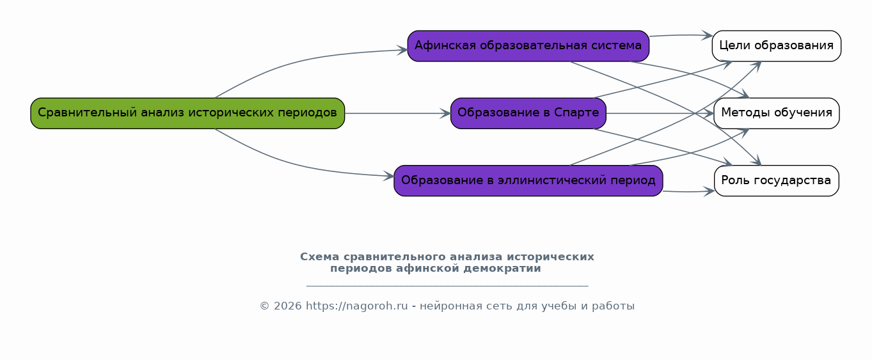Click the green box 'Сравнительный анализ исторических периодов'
[187, 113]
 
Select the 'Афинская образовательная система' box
[528, 46]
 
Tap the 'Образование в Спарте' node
[528, 113]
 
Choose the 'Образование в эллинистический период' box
[528, 180]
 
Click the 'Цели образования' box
[776, 46]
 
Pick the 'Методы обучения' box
[776, 113]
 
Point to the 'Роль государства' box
[776, 180]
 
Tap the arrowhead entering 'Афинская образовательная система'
[402, 50]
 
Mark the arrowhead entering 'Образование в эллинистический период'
[389, 176]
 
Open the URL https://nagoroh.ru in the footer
[356, 306]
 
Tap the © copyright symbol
[265, 306]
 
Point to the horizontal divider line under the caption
[447, 286]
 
